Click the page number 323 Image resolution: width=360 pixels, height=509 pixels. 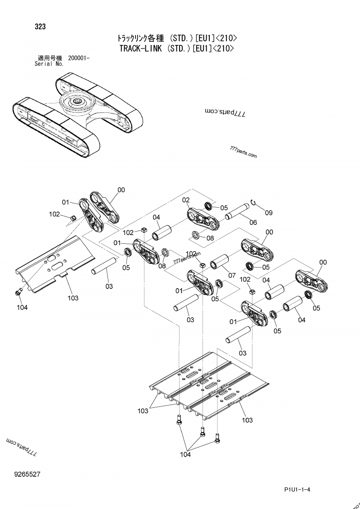[x=40, y=27]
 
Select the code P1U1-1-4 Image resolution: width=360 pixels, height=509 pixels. [x=297, y=490]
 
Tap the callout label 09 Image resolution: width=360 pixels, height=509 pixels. [x=269, y=213]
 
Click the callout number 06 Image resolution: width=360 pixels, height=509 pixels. [x=253, y=222]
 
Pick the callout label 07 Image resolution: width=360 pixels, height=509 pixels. [x=232, y=275]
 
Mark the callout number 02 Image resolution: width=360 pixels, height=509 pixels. [x=185, y=200]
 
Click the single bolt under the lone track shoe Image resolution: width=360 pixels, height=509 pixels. [x=18, y=292]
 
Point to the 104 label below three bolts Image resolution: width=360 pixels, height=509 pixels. [x=185, y=455]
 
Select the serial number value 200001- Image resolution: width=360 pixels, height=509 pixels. [x=79, y=58]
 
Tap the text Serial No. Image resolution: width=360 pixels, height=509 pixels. [x=49, y=64]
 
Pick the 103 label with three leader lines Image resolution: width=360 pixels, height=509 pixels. [x=143, y=411]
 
